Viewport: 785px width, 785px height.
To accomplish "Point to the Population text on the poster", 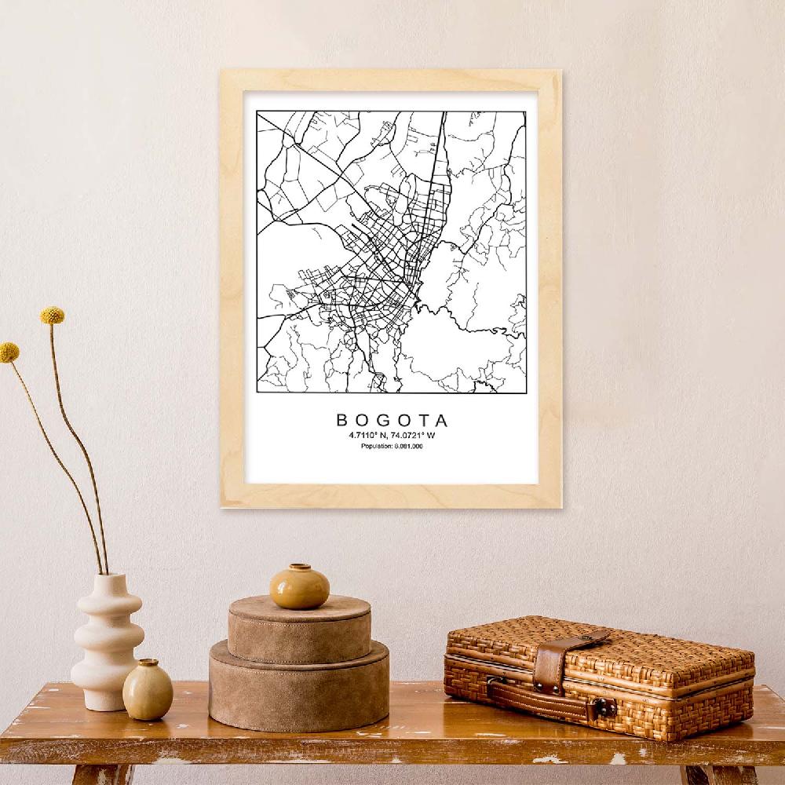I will [392, 447].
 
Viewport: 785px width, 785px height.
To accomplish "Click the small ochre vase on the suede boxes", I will [299, 587].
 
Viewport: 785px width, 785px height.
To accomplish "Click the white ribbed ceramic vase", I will [108, 644].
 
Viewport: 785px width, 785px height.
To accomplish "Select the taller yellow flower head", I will [53, 316].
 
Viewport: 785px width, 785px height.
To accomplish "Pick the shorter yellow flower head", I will [9, 352].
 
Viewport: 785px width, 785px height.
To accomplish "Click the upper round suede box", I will [299, 628].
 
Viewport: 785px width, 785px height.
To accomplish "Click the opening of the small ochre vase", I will [299, 567].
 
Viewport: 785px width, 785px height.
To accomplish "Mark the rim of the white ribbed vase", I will [109, 578].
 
